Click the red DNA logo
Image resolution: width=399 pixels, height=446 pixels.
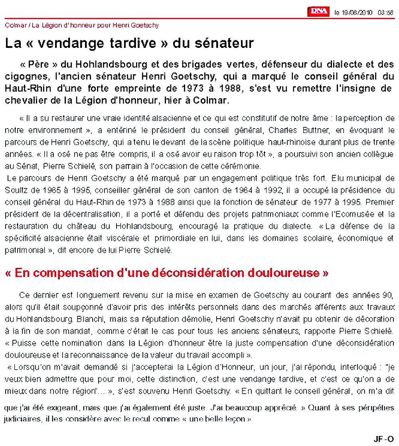pos(318,12)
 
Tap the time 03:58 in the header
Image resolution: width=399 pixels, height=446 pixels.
pos(385,13)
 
